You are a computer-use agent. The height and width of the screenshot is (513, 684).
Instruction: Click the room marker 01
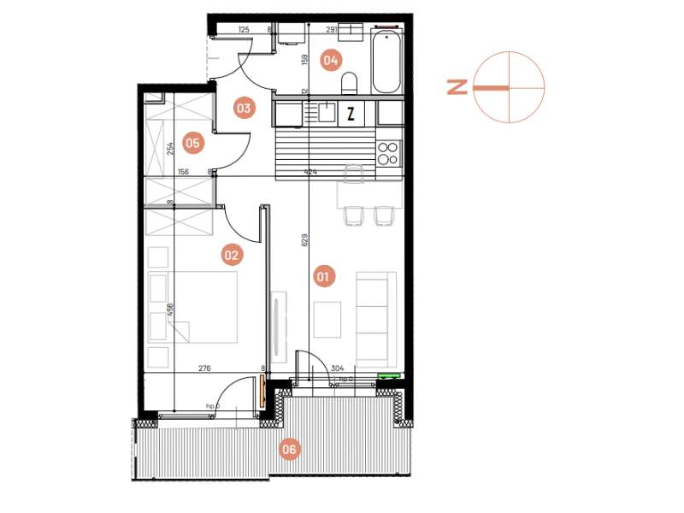323,276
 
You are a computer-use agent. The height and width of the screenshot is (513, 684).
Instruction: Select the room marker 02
230,254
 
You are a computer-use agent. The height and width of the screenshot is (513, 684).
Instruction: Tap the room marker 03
244,109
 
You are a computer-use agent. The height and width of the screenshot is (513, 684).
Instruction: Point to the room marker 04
331,60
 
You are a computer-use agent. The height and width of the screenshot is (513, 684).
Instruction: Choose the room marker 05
192,144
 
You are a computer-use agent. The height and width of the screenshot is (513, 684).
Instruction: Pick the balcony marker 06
290,449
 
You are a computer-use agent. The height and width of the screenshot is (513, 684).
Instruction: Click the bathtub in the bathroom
386,62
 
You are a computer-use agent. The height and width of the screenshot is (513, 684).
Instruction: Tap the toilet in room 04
349,84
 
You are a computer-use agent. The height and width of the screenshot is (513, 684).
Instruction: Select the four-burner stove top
388,152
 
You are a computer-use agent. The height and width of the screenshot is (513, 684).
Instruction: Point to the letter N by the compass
457,86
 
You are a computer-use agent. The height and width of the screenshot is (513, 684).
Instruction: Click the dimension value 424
310,173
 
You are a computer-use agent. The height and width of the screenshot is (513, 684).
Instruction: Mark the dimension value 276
204,369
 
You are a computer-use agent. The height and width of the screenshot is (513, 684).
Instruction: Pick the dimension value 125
244,30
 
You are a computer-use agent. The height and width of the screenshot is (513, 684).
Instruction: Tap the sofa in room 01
376,316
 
